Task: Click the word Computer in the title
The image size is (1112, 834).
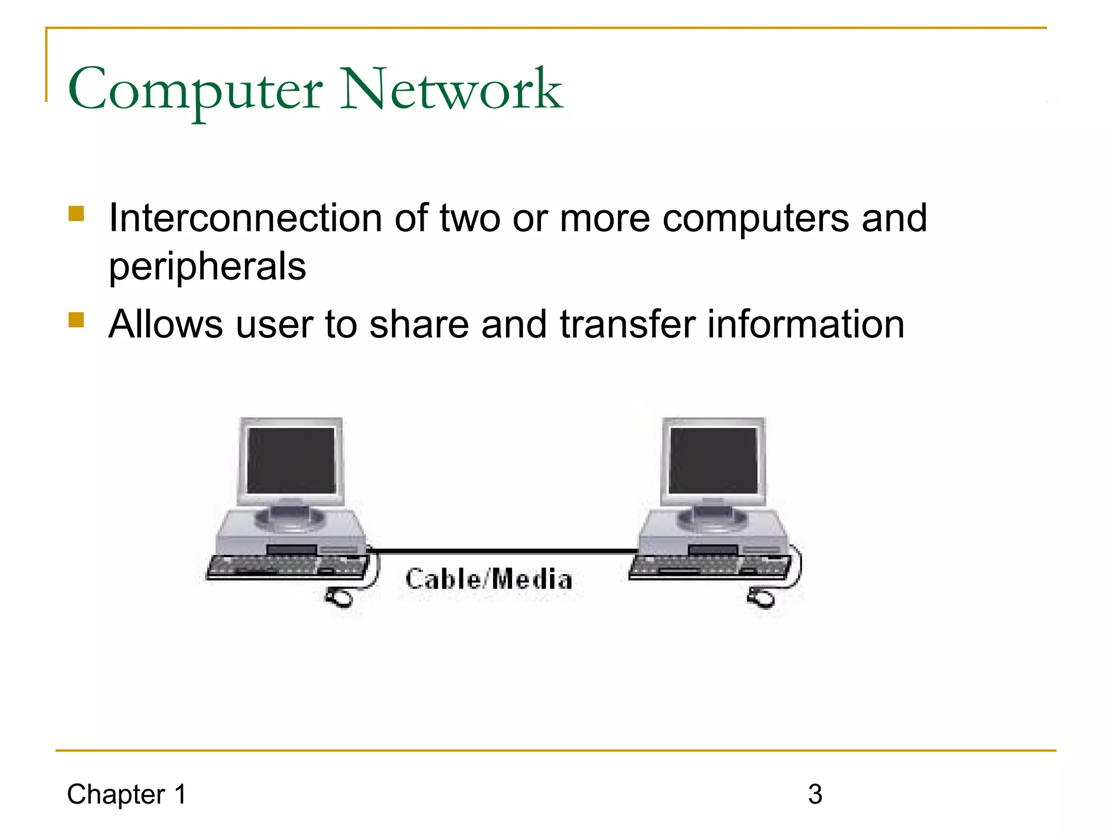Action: [195, 90]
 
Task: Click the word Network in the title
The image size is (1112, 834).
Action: [451, 89]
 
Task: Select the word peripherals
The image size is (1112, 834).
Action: [207, 267]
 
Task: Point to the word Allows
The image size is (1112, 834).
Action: [166, 324]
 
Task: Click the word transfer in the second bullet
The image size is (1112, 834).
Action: [627, 324]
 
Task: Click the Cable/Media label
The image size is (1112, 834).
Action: [489, 579]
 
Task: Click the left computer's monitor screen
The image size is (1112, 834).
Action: [292, 460]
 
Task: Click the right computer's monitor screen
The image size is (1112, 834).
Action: [713, 460]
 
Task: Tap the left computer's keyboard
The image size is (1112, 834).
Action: [285, 567]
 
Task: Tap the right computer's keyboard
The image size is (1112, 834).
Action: [709, 567]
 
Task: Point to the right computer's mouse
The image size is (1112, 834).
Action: [762, 598]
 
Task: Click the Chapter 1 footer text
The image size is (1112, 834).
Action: [127, 794]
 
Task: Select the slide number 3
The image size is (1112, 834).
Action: [815, 794]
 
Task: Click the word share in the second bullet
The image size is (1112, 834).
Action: [419, 324]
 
